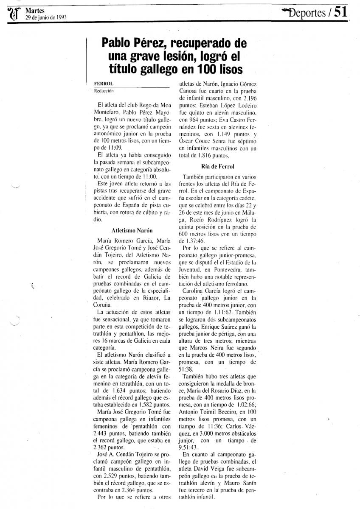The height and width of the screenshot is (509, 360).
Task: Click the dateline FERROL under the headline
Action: tap(103, 84)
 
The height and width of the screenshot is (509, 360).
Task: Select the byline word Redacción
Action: tap(104, 90)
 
